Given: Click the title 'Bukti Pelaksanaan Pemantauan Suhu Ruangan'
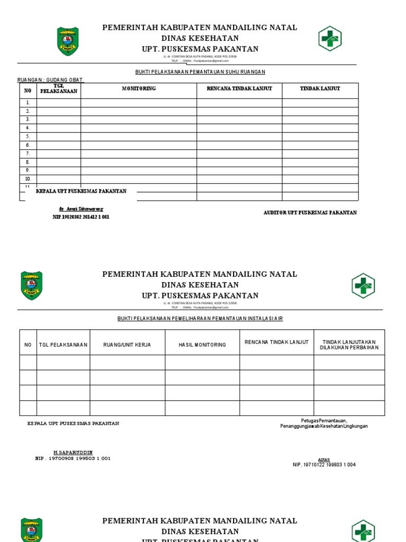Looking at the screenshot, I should pos(199,71).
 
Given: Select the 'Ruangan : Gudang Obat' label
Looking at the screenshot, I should pos(50,80).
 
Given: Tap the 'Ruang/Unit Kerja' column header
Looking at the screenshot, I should pos(127,345).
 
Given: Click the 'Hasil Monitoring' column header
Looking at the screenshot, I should pos(202,345).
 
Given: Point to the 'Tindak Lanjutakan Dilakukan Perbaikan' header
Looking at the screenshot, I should pos(349,345).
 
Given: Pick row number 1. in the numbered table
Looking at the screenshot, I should pos(28,103).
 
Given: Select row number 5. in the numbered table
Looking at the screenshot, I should pos(28,137).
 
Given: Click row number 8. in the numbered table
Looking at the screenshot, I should pos(28,162).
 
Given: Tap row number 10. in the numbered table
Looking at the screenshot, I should pos(28,179).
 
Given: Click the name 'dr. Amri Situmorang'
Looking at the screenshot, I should pos(81,210).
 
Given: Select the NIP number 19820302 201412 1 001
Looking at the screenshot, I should pos(81,217).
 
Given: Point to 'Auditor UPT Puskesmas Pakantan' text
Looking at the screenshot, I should pos(310,213).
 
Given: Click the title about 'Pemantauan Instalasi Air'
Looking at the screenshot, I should pos(204,318).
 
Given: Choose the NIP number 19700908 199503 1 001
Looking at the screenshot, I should pos(73,458).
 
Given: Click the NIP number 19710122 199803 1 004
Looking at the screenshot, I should pos(324,465).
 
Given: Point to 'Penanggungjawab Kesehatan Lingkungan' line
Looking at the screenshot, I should pos(324,426).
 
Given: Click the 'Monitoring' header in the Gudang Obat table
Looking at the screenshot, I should pos(139,88).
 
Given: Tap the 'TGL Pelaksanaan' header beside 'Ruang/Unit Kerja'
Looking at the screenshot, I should pos(63,345).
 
